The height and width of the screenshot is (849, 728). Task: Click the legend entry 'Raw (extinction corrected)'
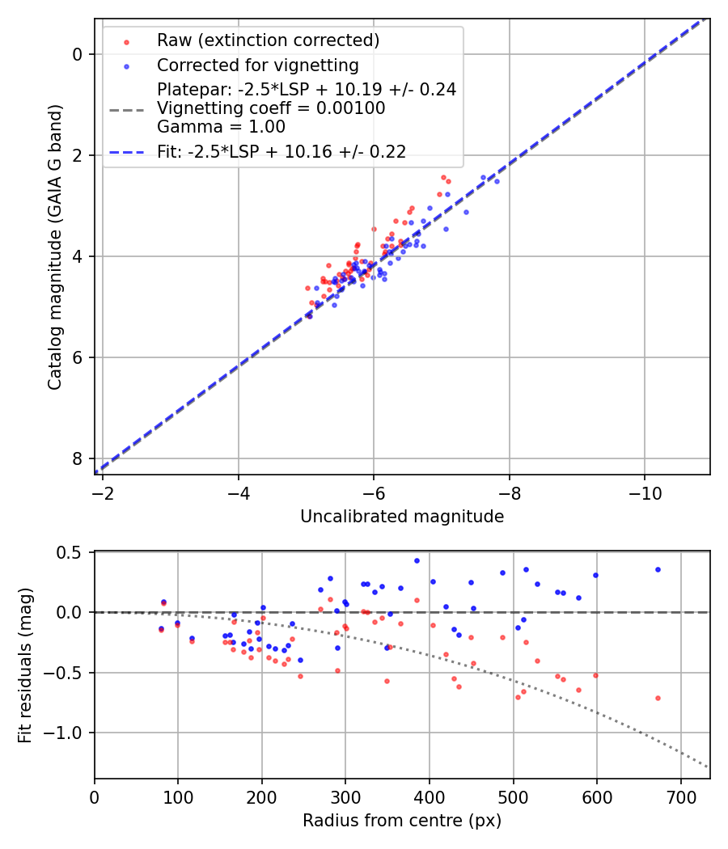tap(268, 40)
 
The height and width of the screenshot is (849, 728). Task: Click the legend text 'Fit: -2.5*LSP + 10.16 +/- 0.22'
tap(281, 151)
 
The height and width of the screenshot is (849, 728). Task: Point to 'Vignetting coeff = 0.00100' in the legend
tap(271, 108)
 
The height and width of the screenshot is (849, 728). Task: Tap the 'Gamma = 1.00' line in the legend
tap(221, 126)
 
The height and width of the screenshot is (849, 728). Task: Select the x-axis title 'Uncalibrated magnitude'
tap(402, 516)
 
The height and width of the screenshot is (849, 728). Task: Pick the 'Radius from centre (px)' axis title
tap(402, 821)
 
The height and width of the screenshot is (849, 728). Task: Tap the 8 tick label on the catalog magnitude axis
tap(78, 458)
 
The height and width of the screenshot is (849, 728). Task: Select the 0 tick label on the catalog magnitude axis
tap(78, 54)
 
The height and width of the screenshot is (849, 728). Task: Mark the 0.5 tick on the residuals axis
tap(71, 553)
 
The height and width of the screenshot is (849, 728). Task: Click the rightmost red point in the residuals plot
tap(658, 698)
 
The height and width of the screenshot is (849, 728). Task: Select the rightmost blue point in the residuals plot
tap(658, 569)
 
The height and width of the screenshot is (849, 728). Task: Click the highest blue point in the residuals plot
tap(417, 560)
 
